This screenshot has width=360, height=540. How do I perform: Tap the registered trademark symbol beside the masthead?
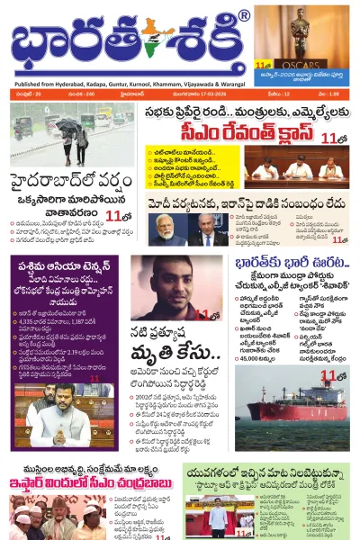tap(244, 15)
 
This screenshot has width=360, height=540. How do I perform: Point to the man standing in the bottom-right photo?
tap(217, 518)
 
